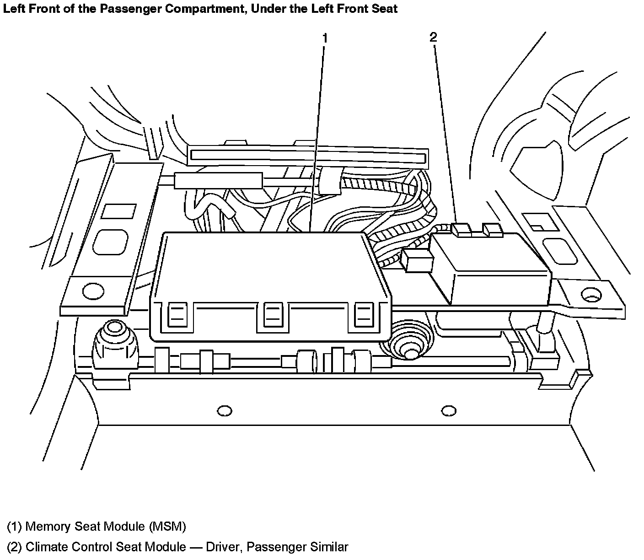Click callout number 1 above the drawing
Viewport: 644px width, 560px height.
coord(325,38)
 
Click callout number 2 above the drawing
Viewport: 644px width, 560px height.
coord(433,37)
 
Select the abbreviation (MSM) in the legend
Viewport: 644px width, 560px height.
coord(167,527)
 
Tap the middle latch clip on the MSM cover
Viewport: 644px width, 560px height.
coord(273,315)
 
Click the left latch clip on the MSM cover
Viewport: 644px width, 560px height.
coord(177,315)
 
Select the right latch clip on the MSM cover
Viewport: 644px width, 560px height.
coord(364,315)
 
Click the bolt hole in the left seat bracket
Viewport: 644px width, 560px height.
coord(93,291)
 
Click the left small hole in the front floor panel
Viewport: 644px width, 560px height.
coord(224,411)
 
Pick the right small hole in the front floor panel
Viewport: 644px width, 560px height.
coord(449,410)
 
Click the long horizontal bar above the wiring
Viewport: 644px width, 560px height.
coord(308,156)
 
